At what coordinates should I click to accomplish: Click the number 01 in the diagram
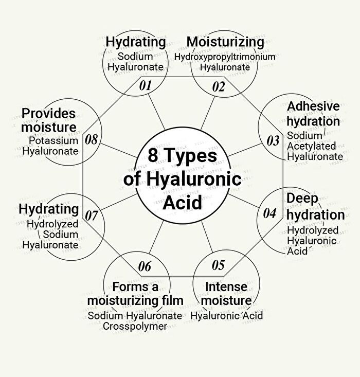point(145,85)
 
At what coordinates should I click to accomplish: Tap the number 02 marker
point(219,87)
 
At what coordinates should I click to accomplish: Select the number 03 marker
point(273,140)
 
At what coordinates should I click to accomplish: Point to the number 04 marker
point(269,213)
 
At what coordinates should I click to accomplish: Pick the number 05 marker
point(219,265)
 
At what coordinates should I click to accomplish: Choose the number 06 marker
point(145,266)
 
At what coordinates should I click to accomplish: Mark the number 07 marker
point(92,216)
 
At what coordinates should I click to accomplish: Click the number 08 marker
point(92,139)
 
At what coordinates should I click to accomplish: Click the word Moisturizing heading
point(225,42)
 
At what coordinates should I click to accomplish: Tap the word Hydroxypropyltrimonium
point(225,57)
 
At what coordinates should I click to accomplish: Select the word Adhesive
point(313,106)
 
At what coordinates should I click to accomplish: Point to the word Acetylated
point(312,146)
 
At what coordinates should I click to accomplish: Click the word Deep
point(302,199)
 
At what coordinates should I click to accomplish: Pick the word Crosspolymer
point(135,326)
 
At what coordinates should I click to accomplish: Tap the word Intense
point(226,287)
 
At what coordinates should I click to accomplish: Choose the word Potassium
point(53,140)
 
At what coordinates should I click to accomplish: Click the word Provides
point(48,114)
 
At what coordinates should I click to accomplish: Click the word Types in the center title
point(191,156)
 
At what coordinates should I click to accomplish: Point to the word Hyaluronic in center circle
point(194,178)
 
